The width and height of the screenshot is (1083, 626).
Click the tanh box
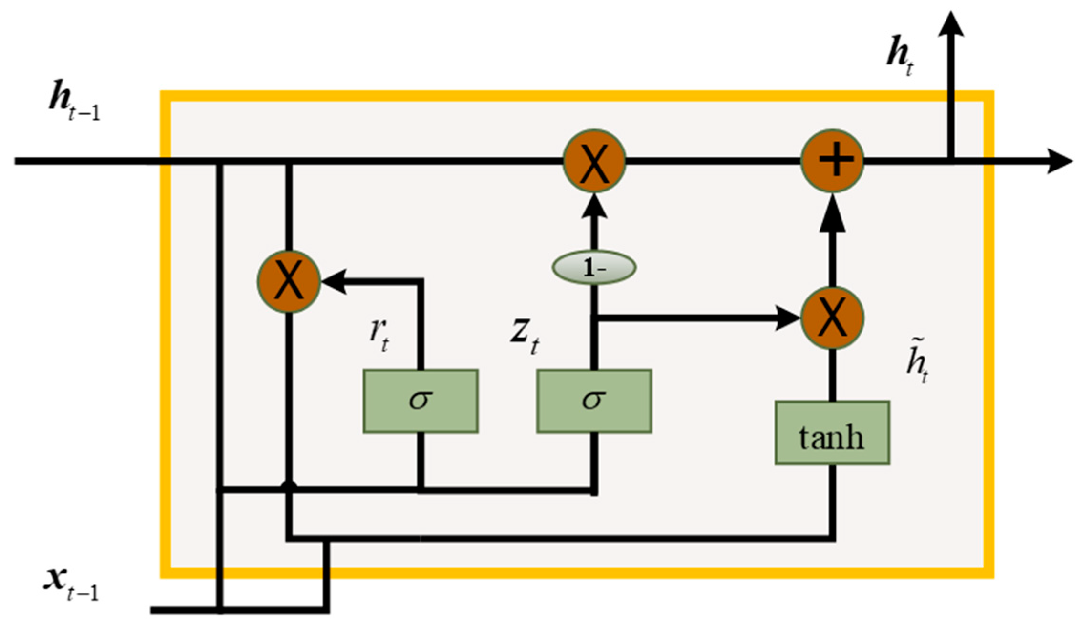832,433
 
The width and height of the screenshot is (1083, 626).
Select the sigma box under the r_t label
421,401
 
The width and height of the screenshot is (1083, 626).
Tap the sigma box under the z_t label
594,401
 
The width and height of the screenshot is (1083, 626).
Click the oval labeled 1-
594,267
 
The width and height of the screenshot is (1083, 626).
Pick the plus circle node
832,161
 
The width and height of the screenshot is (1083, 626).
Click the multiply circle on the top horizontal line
594,161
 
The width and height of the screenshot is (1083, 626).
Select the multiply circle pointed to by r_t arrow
288,282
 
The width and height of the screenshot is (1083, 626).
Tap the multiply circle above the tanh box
832,318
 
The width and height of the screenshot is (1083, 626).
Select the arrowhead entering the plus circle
832,215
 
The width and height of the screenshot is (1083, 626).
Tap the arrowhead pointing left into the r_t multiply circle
334,282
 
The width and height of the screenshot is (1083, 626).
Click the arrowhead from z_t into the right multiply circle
788,318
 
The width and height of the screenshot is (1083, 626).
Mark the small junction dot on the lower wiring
288,486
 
